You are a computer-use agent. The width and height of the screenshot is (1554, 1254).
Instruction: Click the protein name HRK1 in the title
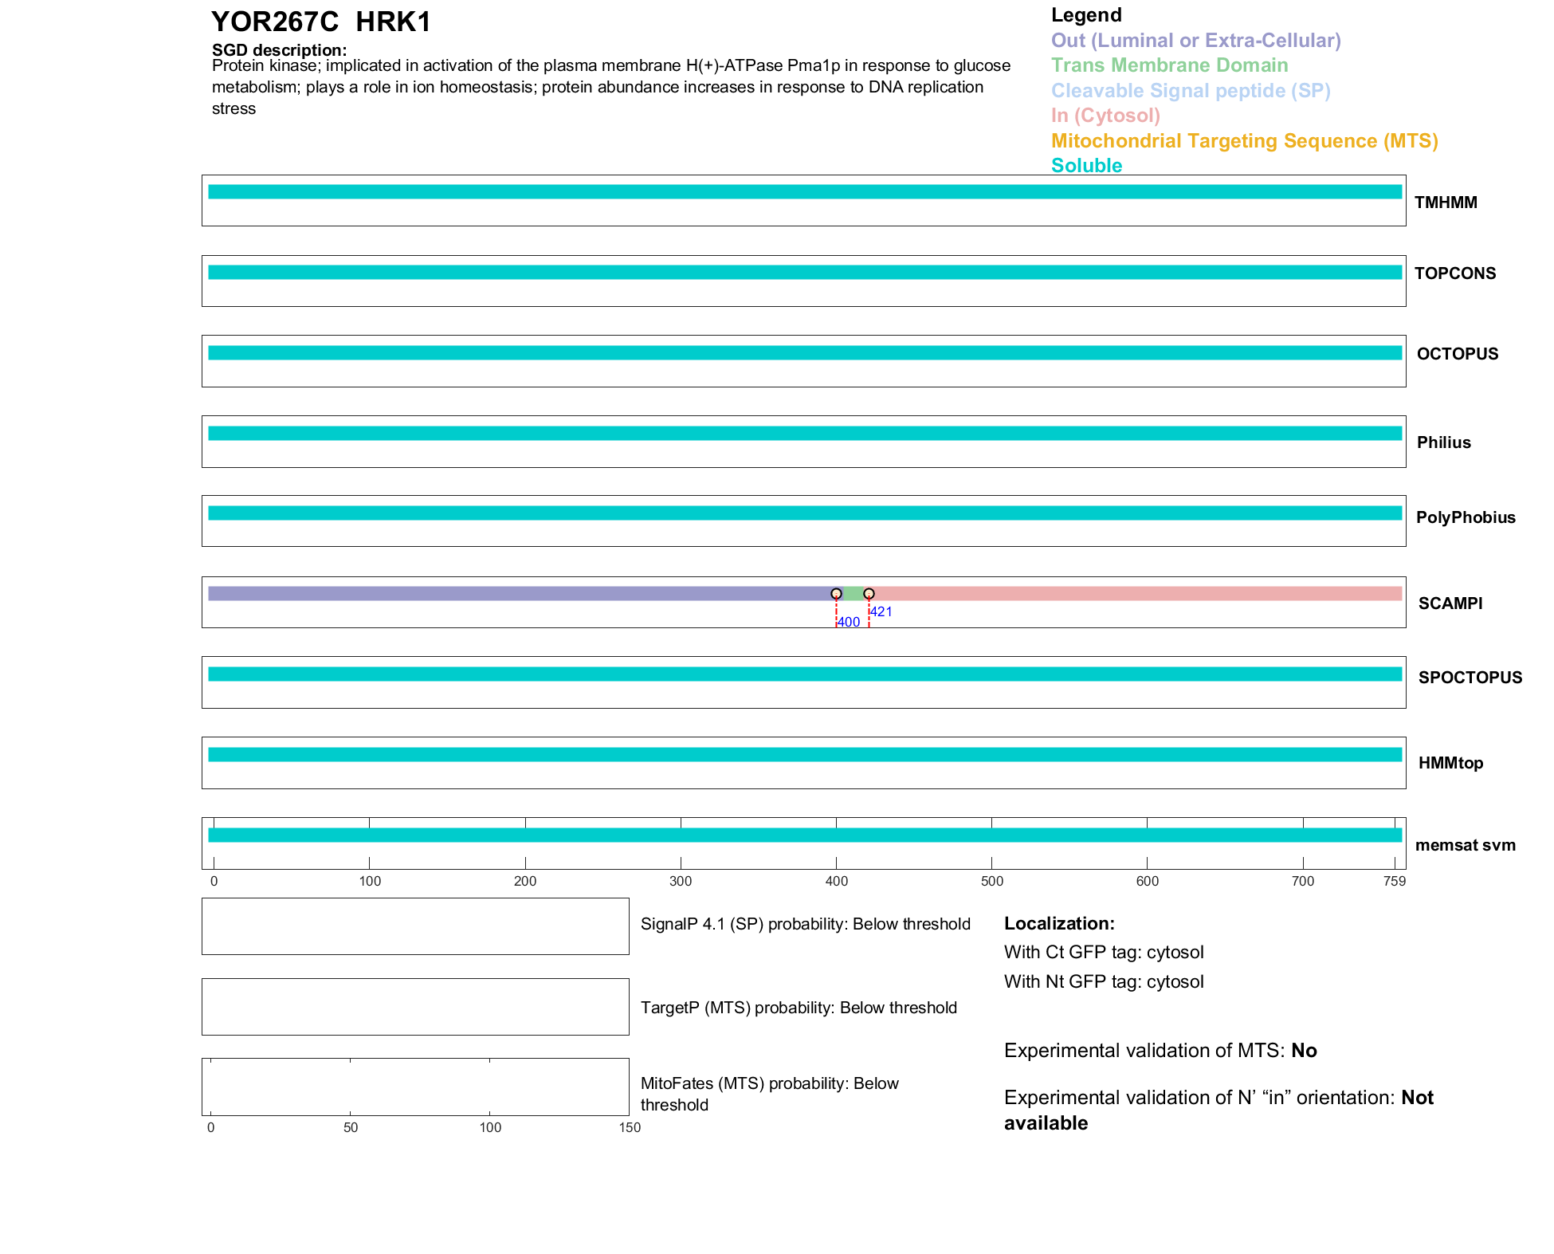point(393,22)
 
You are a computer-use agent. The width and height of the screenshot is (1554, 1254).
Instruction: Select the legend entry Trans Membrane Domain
point(1169,65)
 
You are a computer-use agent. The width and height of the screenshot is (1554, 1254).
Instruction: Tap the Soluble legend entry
point(1086,166)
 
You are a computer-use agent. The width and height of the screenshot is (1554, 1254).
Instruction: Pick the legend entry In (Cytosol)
point(1105,116)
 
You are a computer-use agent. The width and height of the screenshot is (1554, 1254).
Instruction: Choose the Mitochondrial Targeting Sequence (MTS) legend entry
point(1244,141)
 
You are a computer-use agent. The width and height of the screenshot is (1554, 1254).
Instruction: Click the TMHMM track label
point(1446,202)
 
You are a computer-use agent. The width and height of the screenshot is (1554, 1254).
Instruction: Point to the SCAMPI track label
point(1450,603)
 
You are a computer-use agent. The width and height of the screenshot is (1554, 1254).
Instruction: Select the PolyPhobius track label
point(1466,517)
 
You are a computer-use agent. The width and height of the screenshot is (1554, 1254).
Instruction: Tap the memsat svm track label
point(1465,845)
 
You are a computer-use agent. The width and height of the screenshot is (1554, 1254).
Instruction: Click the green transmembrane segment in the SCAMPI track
point(853,594)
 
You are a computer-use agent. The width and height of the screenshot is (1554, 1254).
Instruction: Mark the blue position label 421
point(881,612)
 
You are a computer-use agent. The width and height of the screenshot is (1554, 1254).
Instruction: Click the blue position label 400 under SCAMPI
point(849,623)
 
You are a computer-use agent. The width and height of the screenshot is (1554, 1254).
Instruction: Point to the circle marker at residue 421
point(869,594)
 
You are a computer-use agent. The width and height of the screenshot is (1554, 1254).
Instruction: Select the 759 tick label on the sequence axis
point(1395,882)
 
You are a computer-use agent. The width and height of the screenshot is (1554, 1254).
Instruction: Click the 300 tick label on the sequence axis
point(681,882)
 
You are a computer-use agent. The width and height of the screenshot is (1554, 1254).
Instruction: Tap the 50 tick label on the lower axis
point(351,1128)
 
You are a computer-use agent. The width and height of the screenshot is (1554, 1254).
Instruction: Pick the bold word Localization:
point(1059,924)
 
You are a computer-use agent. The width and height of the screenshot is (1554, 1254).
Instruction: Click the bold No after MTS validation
point(1304,1051)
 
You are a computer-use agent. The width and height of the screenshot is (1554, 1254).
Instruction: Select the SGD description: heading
point(279,50)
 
